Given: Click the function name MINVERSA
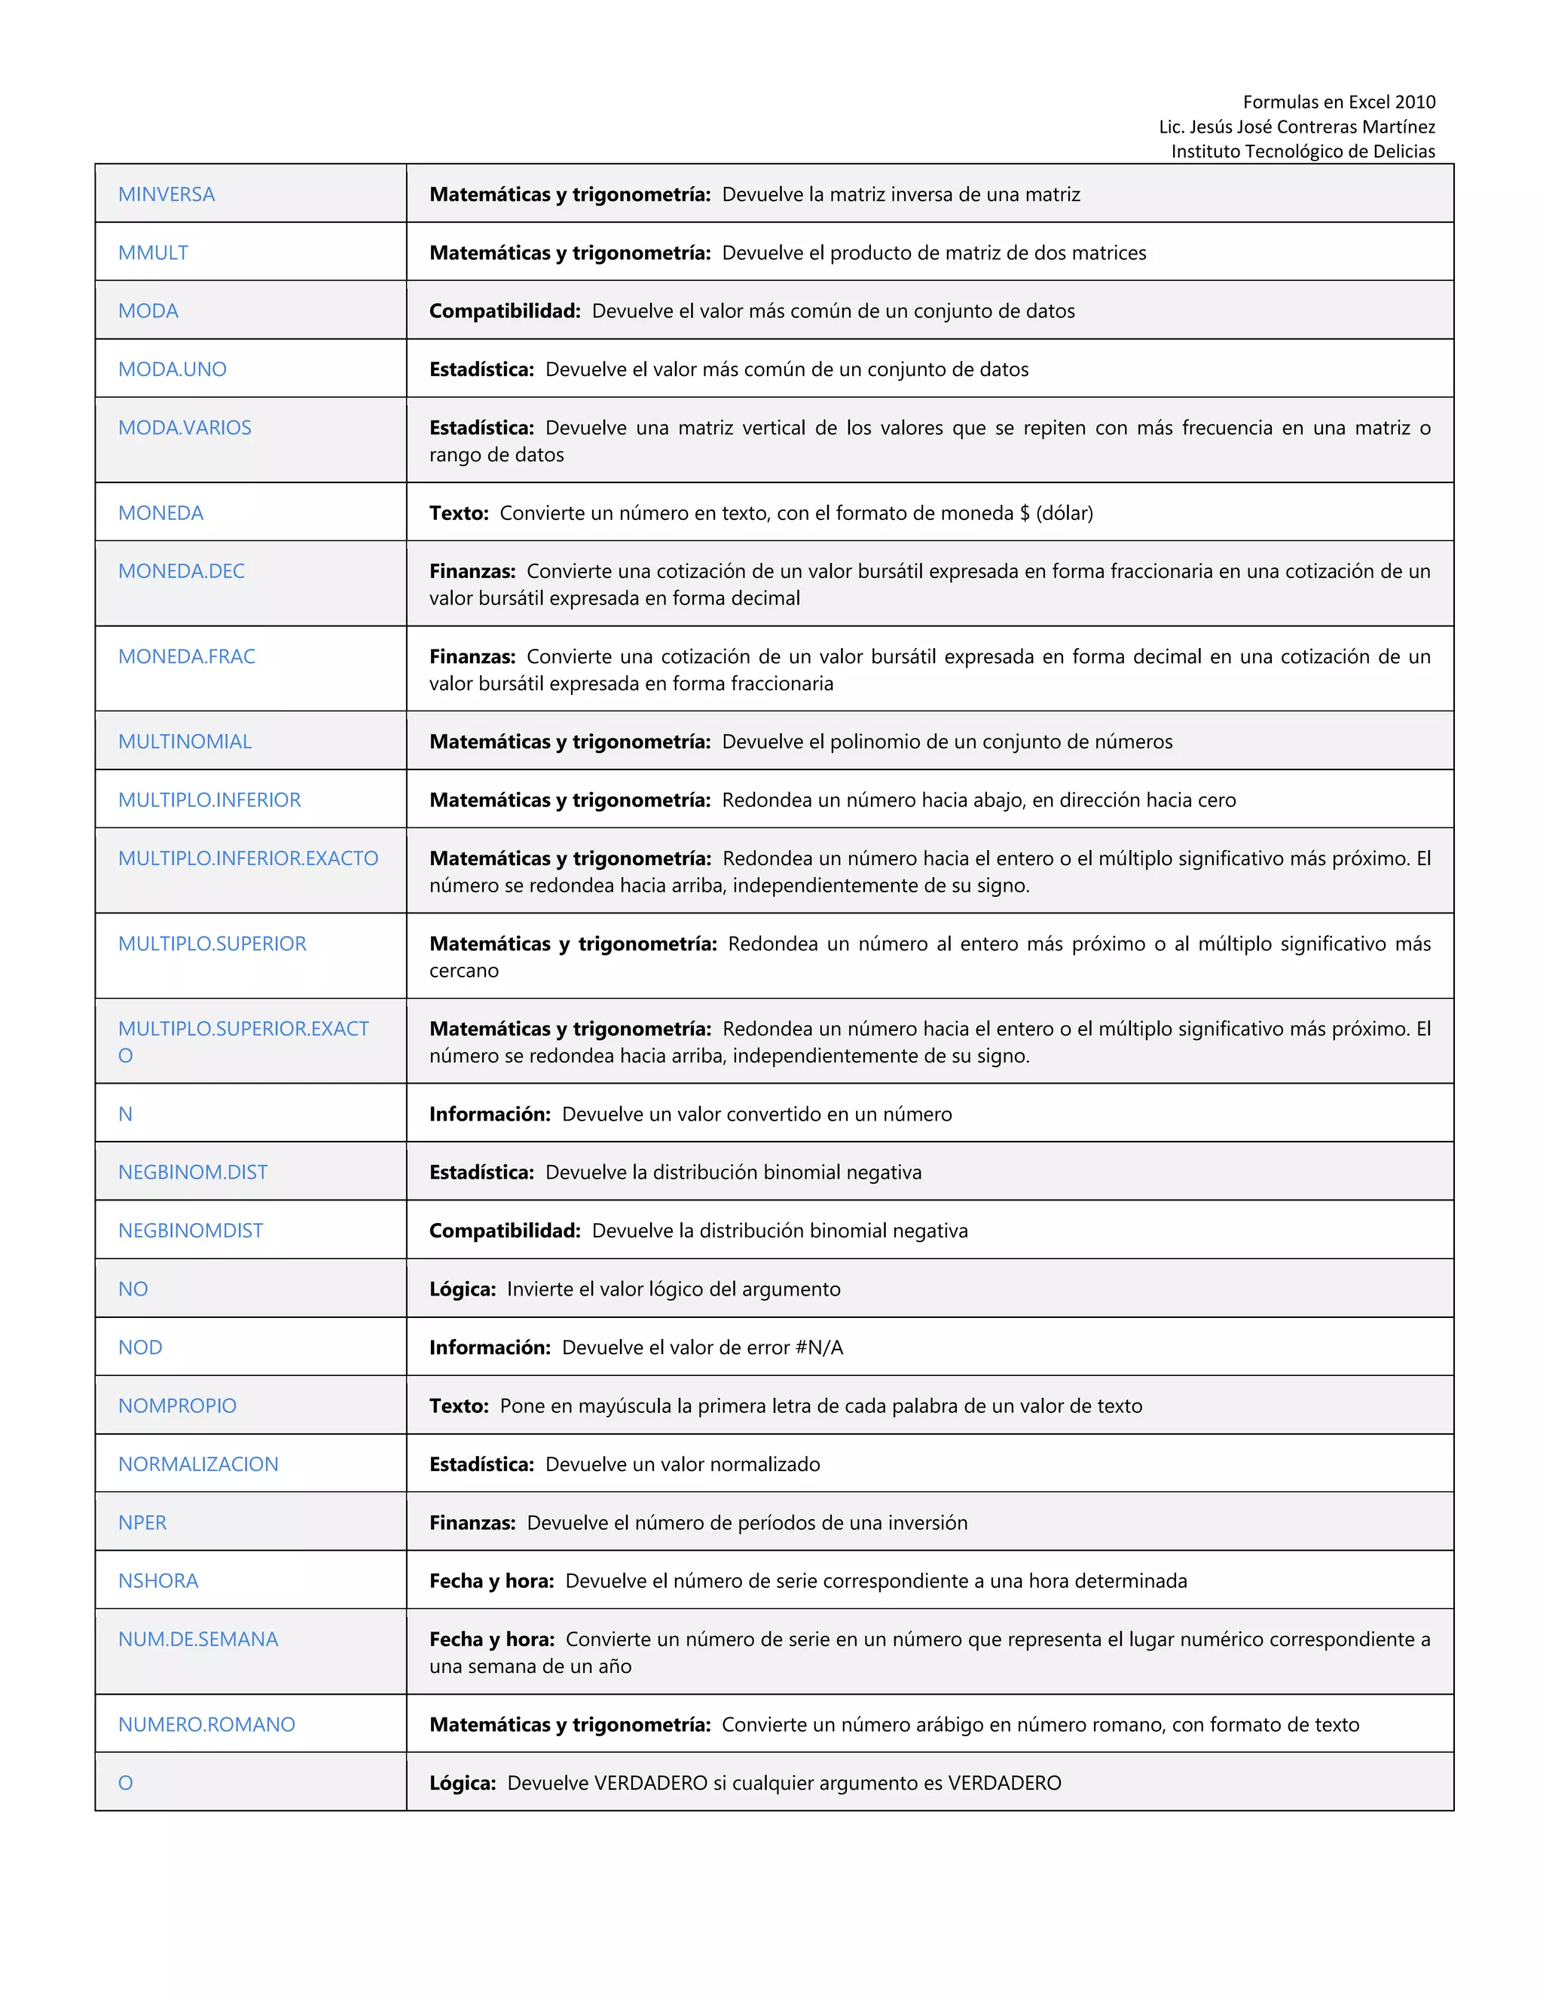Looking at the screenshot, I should pyautogui.click(x=167, y=194).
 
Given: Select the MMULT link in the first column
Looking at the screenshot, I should pyautogui.click(x=153, y=253).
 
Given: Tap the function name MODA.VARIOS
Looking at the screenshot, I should pyautogui.click(x=185, y=428).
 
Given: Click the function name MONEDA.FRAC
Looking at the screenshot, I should pyautogui.click(x=187, y=656).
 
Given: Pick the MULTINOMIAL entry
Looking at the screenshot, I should pyautogui.click(x=185, y=742).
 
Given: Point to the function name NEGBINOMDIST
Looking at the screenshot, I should pyautogui.click(x=190, y=1231).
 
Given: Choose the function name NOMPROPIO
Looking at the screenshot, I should pyautogui.click(x=177, y=1405).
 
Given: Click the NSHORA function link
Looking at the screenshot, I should pyautogui.click(x=158, y=1581).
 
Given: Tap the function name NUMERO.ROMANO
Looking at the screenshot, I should pyautogui.click(x=206, y=1724).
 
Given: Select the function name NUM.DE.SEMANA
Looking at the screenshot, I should pyautogui.click(x=198, y=1640).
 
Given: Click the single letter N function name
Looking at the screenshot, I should pyautogui.click(x=125, y=1115).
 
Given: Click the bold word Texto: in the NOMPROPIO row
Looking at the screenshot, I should pyautogui.click(x=459, y=1405).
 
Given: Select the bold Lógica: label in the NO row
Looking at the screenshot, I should pyautogui.click(x=463, y=1289).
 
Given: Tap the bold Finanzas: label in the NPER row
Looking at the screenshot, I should pyautogui.click(x=472, y=1522).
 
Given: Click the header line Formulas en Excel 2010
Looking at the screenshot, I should pyautogui.click(x=1338, y=102).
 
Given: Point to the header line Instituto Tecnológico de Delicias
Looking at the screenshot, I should pyautogui.click(x=1303, y=151).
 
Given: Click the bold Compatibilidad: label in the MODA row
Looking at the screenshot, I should pyautogui.click(x=505, y=311).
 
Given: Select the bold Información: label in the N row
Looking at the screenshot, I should pyautogui.click(x=490, y=1115).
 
